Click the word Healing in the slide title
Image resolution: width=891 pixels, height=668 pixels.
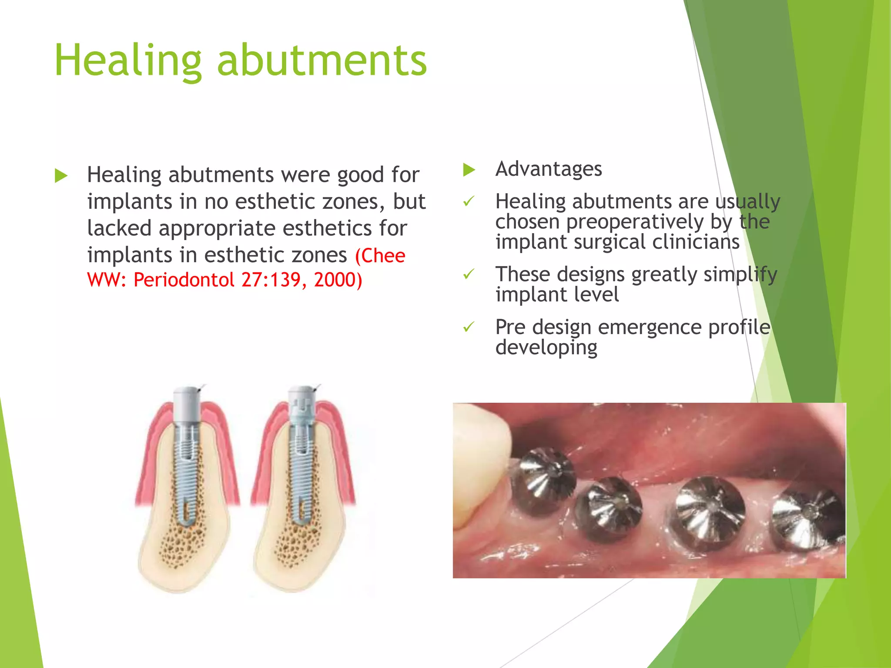click(128, 61)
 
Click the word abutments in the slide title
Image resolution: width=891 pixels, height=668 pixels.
click(322, 61)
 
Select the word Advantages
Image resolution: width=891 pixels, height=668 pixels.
click(549, 169)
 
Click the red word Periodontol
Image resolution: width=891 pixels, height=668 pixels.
click(184, 280)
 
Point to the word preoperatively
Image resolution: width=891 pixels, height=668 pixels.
click(635, 222)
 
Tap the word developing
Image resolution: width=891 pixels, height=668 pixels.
click(546, 347)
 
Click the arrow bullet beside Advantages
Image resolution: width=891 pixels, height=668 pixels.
click(469, 170)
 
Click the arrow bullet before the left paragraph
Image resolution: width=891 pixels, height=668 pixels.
click(61, 176)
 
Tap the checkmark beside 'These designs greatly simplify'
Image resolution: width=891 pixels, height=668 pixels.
click(469, 274)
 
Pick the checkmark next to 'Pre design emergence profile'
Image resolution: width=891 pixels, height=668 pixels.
click(469, 327)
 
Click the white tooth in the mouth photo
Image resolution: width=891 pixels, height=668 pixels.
click(483, 439)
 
